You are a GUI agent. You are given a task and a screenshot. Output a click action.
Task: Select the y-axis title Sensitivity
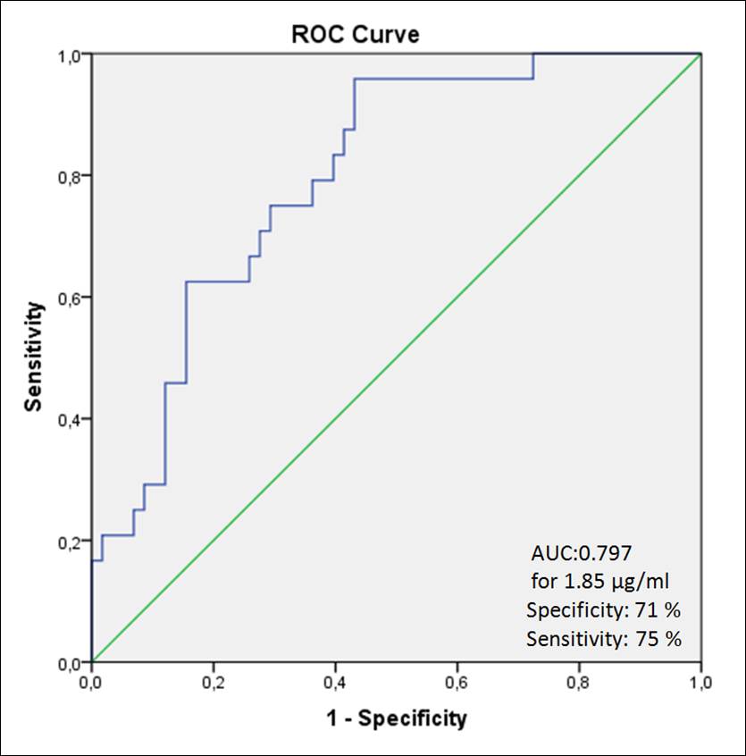(x=34, y=357)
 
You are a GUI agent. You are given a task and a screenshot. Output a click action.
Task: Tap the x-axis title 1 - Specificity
(x=396, y=718)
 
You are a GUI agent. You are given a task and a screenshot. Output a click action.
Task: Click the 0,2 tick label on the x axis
(x=213, y=683)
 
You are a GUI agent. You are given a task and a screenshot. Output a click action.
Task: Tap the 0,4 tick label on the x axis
(x=335, y=683)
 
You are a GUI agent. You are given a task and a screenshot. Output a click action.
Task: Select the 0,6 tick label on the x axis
(x=457, y=683)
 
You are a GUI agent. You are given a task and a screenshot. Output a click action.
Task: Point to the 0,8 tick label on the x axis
(x=579, y=683)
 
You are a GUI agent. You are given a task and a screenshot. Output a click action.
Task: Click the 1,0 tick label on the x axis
(x=700, y=683)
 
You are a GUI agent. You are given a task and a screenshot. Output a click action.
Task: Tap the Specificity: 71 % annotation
(x=605, y=611)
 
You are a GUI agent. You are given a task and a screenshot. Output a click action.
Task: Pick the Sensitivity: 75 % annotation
(x=605, y=639)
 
